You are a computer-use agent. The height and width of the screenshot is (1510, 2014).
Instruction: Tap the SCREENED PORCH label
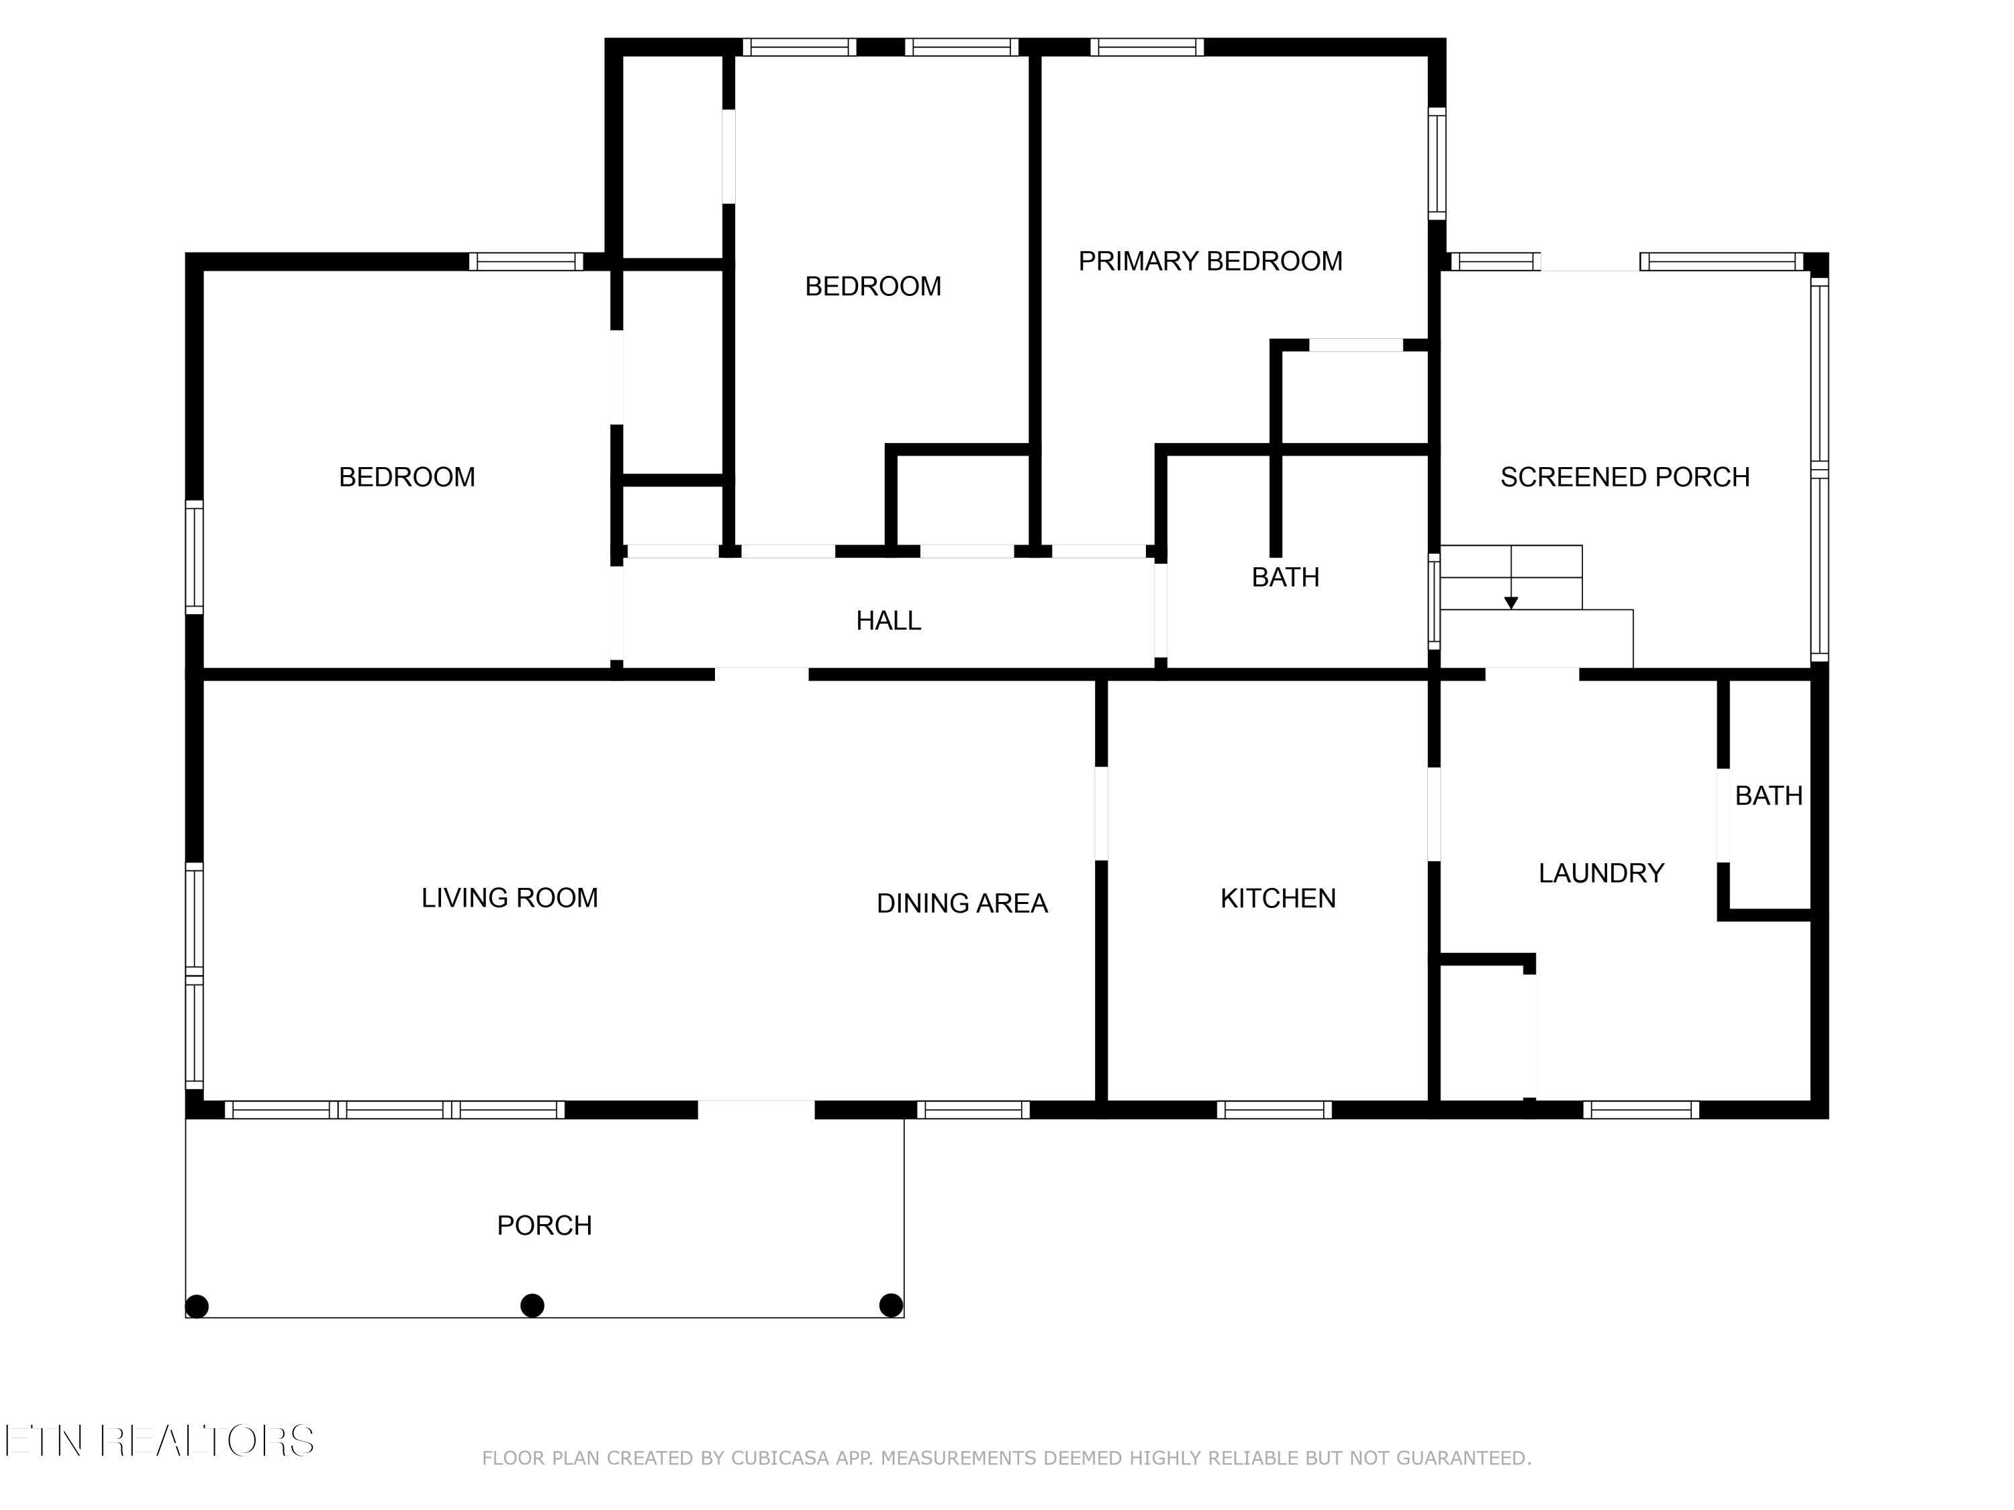point(1625,478)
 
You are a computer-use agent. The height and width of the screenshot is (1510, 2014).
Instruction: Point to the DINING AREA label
point(963,904)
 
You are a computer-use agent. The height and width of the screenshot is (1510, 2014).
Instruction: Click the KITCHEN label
point(1278,899)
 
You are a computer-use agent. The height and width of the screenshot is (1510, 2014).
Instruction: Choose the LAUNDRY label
point(1602,874)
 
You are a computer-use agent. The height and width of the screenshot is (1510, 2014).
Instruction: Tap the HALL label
point(889,621)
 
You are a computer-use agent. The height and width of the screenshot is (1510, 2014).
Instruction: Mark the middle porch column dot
point(532,1306)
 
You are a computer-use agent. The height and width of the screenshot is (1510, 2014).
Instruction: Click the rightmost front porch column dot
point(892,1305)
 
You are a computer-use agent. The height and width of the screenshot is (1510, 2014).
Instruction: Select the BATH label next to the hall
point(1286,578)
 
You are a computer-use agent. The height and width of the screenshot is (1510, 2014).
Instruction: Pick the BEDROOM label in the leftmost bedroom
point(407,478)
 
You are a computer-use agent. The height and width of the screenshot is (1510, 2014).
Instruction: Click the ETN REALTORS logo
point(159,1441)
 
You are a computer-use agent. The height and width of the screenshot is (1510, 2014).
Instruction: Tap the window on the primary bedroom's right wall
point(1437,164)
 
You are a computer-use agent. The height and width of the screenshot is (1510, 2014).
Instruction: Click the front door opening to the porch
point(756,1109)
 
